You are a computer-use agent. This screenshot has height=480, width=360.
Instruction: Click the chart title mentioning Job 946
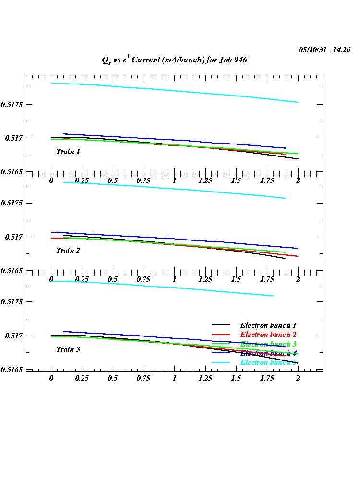[x=174, y=60]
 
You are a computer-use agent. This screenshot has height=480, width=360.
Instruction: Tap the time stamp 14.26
[x=341, y=50]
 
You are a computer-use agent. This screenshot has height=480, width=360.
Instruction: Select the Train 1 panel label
[x=68, y=152]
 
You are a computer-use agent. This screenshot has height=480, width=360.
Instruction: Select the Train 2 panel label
[x=68, y=251]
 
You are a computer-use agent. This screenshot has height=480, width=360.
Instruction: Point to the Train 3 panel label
[x=68, y=349]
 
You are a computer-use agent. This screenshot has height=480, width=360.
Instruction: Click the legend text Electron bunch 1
[x=268, y=325]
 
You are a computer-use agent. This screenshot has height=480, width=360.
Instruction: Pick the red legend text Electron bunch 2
[x=268, y=335]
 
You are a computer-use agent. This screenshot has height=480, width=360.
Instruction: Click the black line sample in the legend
[x=221, y=325]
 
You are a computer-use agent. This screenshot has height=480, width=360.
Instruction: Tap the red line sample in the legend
[x=221, y=335]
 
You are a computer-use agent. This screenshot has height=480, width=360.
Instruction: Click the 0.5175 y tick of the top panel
[x=13, y=104]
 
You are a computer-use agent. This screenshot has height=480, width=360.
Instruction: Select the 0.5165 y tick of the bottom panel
[x=13, y=370]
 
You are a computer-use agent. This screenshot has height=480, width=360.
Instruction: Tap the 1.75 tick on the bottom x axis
[x=267, y=378]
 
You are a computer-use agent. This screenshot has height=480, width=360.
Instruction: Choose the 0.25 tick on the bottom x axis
[x=82, y=378]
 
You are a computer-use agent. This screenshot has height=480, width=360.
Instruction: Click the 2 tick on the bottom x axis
[x=298, y=378]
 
